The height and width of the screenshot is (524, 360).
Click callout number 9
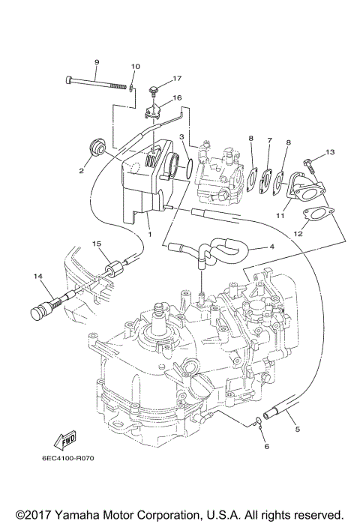tap(97, 61)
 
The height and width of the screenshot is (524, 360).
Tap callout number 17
tap(178, 78)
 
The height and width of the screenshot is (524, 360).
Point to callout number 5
tap(298, 429)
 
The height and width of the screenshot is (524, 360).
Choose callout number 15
tap(96, 244)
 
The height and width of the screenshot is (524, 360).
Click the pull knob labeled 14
tap(43, 310)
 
